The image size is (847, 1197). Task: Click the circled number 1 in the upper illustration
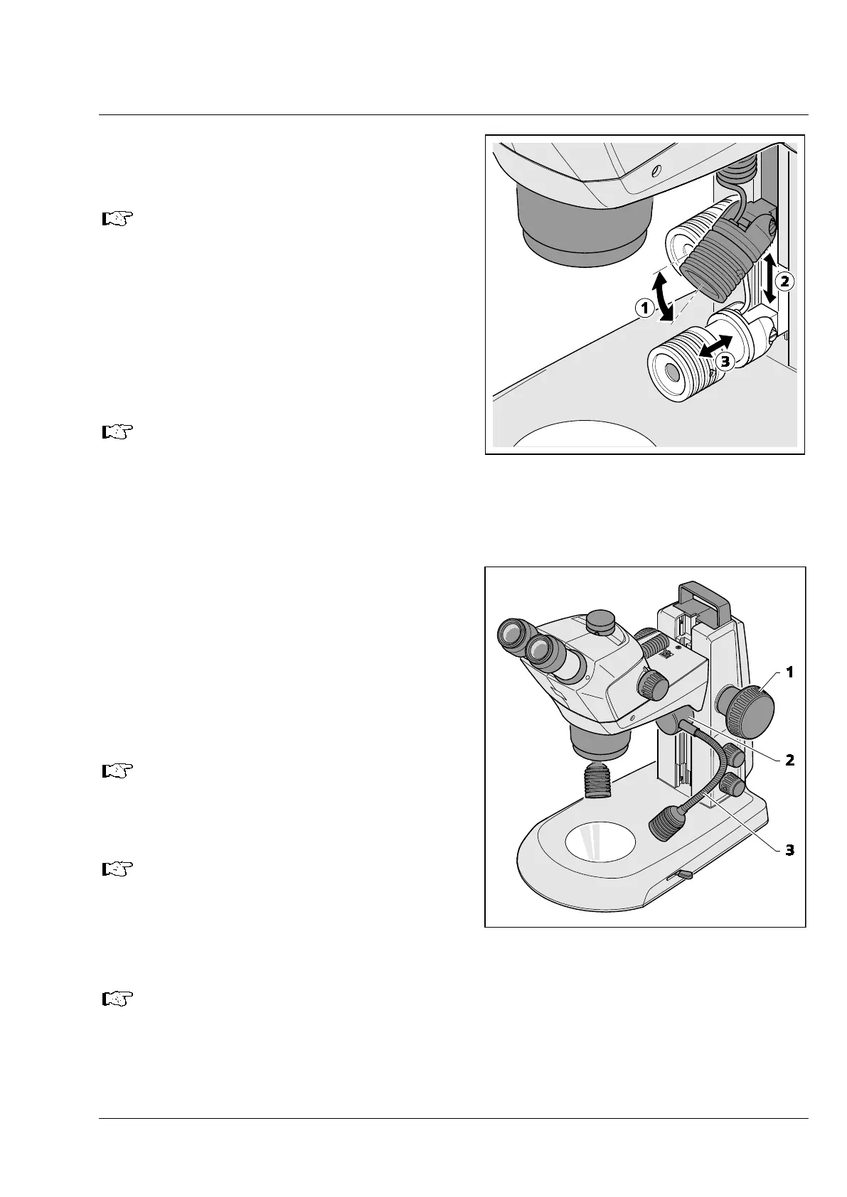pos(644,308)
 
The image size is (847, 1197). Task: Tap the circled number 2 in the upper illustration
pos(784,281)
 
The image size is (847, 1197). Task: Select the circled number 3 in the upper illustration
pos(724,361)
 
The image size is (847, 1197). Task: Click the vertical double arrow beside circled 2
pos(769,279)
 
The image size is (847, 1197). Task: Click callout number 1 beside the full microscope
pos(789,672)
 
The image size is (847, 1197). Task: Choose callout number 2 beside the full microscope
pos(789,760)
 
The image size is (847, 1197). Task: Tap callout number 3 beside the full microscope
pos(789,849)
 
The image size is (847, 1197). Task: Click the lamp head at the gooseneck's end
pos(666,827)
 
